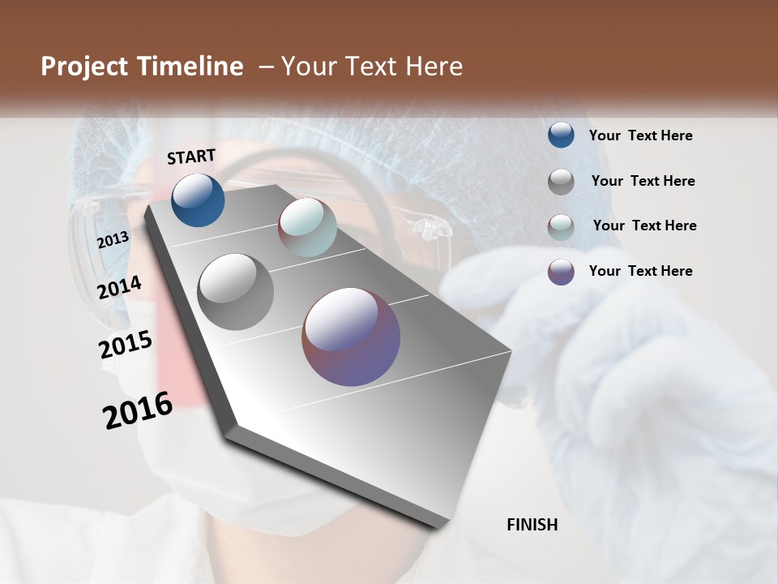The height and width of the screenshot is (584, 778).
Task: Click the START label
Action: pos(191,157)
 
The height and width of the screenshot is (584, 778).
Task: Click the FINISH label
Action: pos(532,525)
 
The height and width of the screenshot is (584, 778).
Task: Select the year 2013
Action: pos(113,239)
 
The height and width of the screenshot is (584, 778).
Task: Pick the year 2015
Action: pos(126,345)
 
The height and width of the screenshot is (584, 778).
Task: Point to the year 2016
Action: pos(138,410)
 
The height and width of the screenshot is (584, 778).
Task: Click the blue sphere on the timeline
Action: pos(198,200)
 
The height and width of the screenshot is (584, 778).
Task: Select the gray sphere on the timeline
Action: pos(235,291)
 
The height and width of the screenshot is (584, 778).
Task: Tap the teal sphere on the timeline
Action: pos(307,226)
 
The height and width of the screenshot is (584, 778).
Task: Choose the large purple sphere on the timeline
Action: pos(351,337)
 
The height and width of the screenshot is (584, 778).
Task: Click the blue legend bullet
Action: pos(561,135)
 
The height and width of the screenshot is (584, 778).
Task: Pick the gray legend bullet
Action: pos(561,182)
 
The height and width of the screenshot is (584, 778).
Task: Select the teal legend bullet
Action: pos(561,227)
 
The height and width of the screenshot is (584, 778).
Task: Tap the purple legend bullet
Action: pos(561,272)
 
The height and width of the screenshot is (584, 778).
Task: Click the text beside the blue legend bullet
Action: pos(640,135)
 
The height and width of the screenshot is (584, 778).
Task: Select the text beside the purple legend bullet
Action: pos(640,271)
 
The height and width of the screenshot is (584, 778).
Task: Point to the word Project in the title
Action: pos(84,67)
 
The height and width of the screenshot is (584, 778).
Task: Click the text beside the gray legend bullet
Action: pos(643,181)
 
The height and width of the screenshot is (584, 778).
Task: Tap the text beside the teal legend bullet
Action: pos(644,225)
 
